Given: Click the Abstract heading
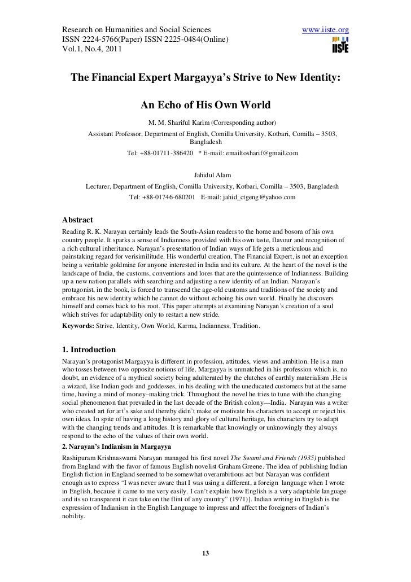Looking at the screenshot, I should click(x=77, y=220).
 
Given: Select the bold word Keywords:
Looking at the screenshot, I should click(x=78, y=326).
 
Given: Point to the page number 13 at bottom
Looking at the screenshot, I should click(x=205, y=552).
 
